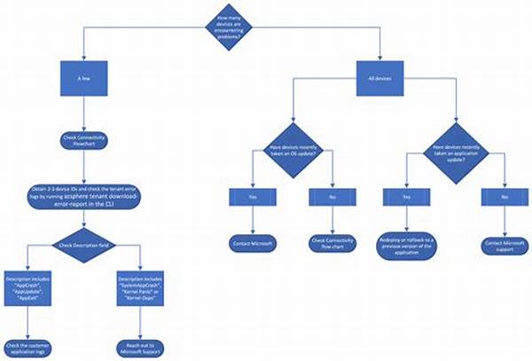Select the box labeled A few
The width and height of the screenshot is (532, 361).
pyautogui.click(x=84, y=80)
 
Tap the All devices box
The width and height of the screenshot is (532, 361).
pyautogui.click(x=381, y=80)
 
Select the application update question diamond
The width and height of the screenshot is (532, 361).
pyautogui.click(x=458, y=151)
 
